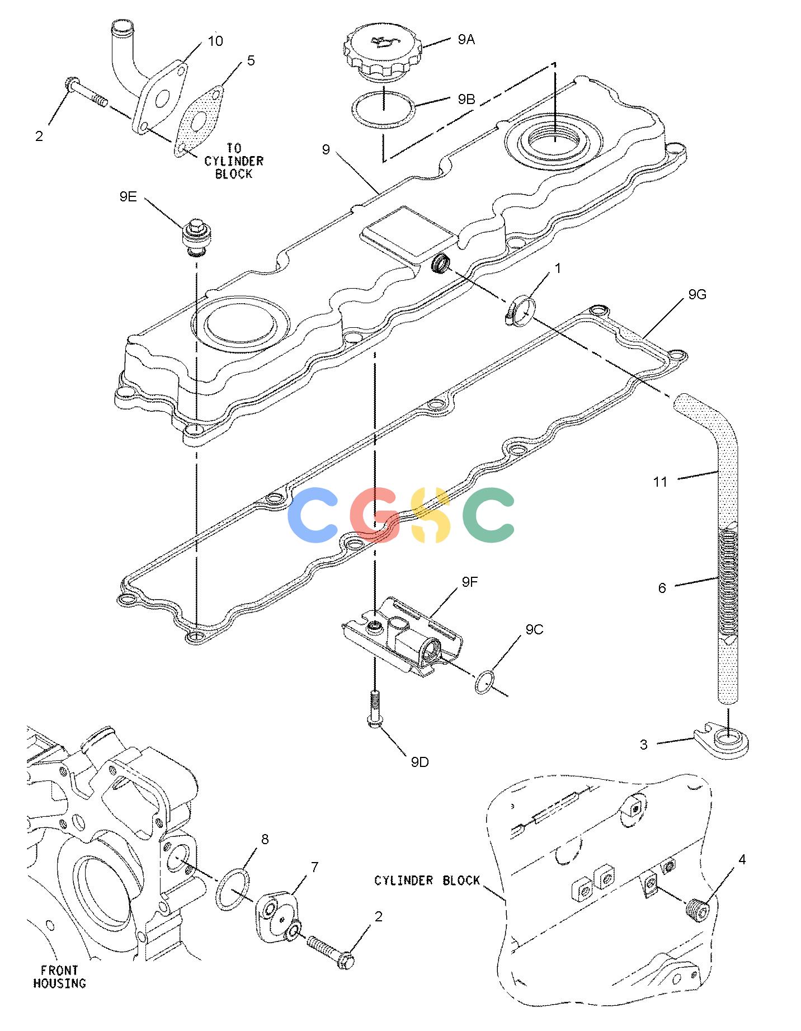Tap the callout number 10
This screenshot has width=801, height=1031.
click(215, 41)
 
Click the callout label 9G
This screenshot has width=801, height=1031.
click(697, 294)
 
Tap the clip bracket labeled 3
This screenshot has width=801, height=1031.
click(722, 742)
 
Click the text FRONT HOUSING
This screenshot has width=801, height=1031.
click(59, 977)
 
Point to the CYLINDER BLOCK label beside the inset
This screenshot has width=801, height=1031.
click(427, 881)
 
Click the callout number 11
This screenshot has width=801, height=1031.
click(660, 482)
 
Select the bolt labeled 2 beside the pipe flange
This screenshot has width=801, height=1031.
click(87, 92)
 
